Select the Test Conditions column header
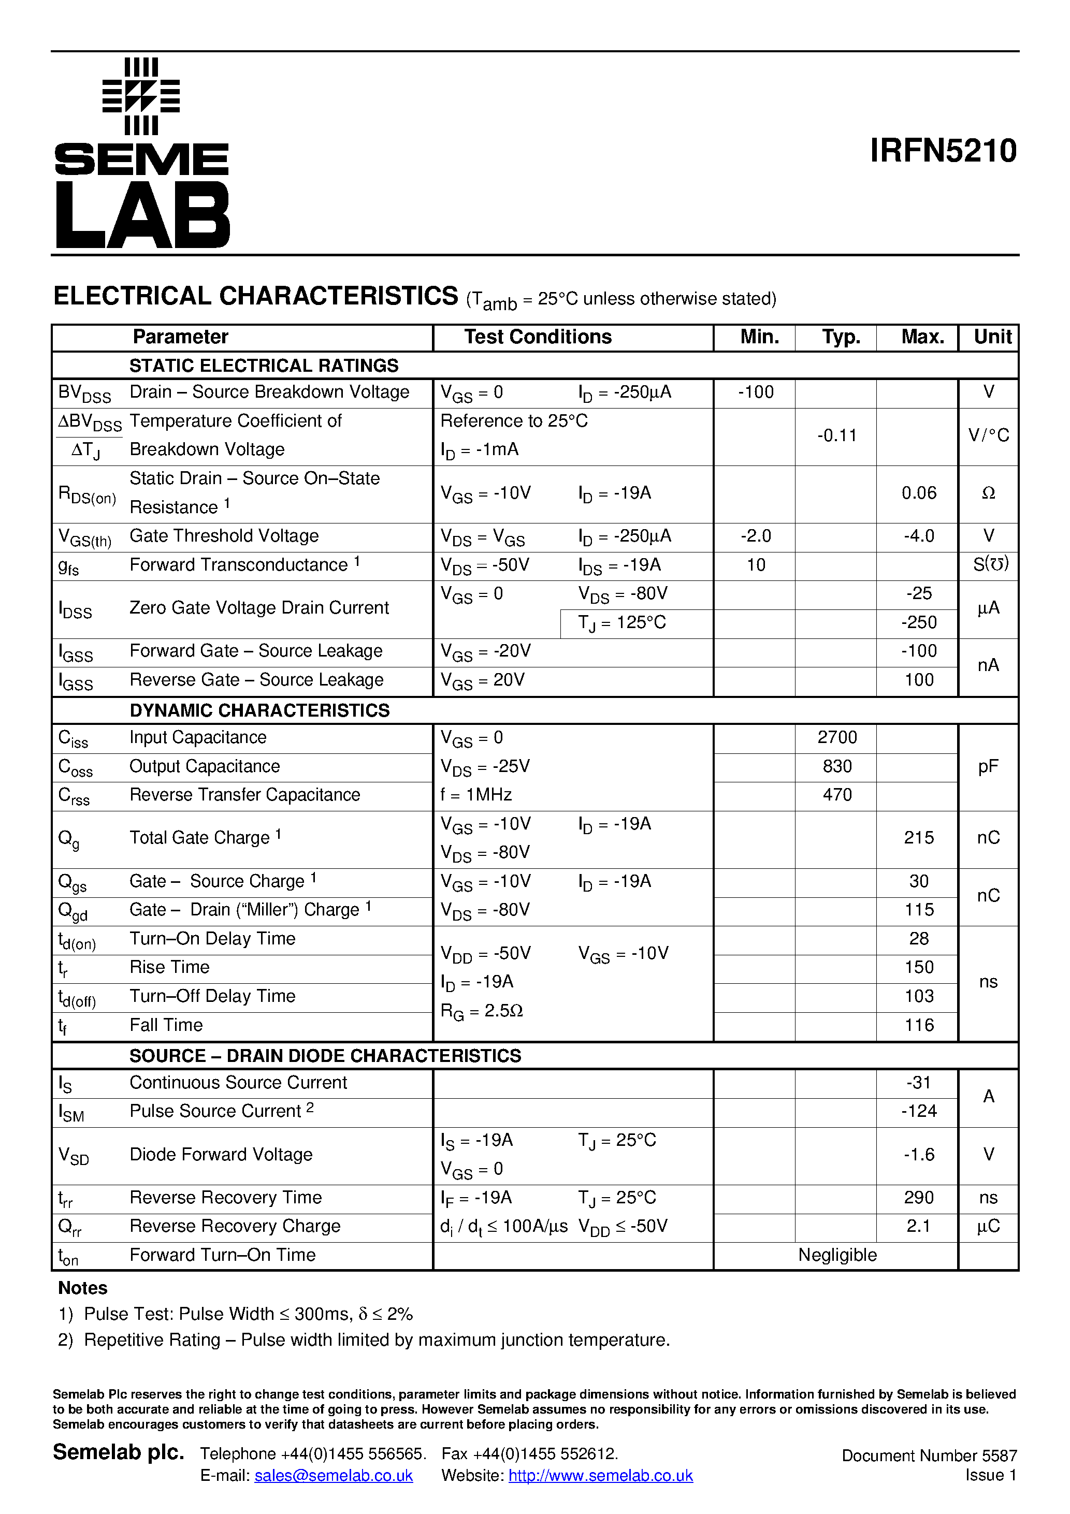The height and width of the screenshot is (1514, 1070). tap(538, 337)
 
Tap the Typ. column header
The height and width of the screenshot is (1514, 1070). tap(841, 337)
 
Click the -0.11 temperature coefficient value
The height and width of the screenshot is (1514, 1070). tap(836, 435)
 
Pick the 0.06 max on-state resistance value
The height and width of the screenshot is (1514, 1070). tap(918, 493)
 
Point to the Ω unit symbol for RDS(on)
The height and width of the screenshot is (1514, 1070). tap(988, 493)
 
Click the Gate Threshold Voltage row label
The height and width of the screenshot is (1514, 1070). tap(224, 536)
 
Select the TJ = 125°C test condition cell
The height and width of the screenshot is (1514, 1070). tap(621, 622)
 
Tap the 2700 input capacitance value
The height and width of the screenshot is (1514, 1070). tap(836, 737)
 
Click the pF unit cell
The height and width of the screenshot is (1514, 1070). tap(988, 766)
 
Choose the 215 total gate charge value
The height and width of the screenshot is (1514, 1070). tap(918, 837)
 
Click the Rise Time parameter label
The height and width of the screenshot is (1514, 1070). tap(169, 967)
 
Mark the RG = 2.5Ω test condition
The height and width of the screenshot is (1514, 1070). tap(482, 1011)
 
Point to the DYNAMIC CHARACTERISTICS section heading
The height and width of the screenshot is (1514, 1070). tap(259, 710)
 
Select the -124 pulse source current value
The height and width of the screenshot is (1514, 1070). tap(918, 1111)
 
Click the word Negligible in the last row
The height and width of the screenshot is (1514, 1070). tap(836, 1255)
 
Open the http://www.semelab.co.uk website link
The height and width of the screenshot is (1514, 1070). tap(600, 1476)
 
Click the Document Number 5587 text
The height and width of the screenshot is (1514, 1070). tap(929, 1455)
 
